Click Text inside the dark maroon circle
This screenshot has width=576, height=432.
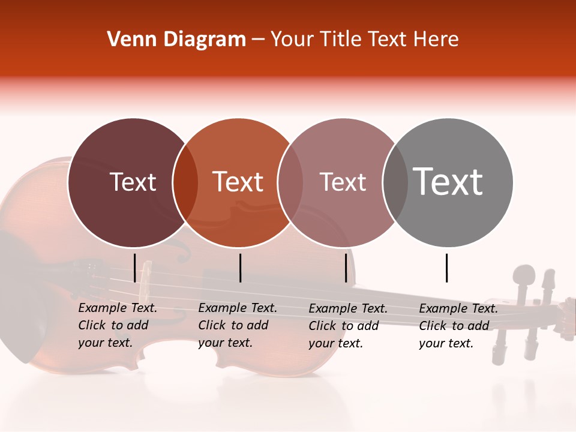click(133, 182)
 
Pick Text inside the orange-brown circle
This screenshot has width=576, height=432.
click(238, 182)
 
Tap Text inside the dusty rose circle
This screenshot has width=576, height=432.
click(343, 182)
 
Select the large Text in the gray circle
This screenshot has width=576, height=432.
click(448, 181)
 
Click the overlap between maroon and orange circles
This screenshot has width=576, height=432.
click(185, 182)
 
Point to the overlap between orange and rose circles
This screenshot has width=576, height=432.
click(290, 182)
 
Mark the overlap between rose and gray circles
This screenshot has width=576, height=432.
click(395, 182)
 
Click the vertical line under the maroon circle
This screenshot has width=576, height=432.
click(134, 268)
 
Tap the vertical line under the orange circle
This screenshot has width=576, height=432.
click(240, 268)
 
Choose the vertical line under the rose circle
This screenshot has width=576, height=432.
click(346, 268)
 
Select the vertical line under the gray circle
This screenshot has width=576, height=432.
click(446, 268)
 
